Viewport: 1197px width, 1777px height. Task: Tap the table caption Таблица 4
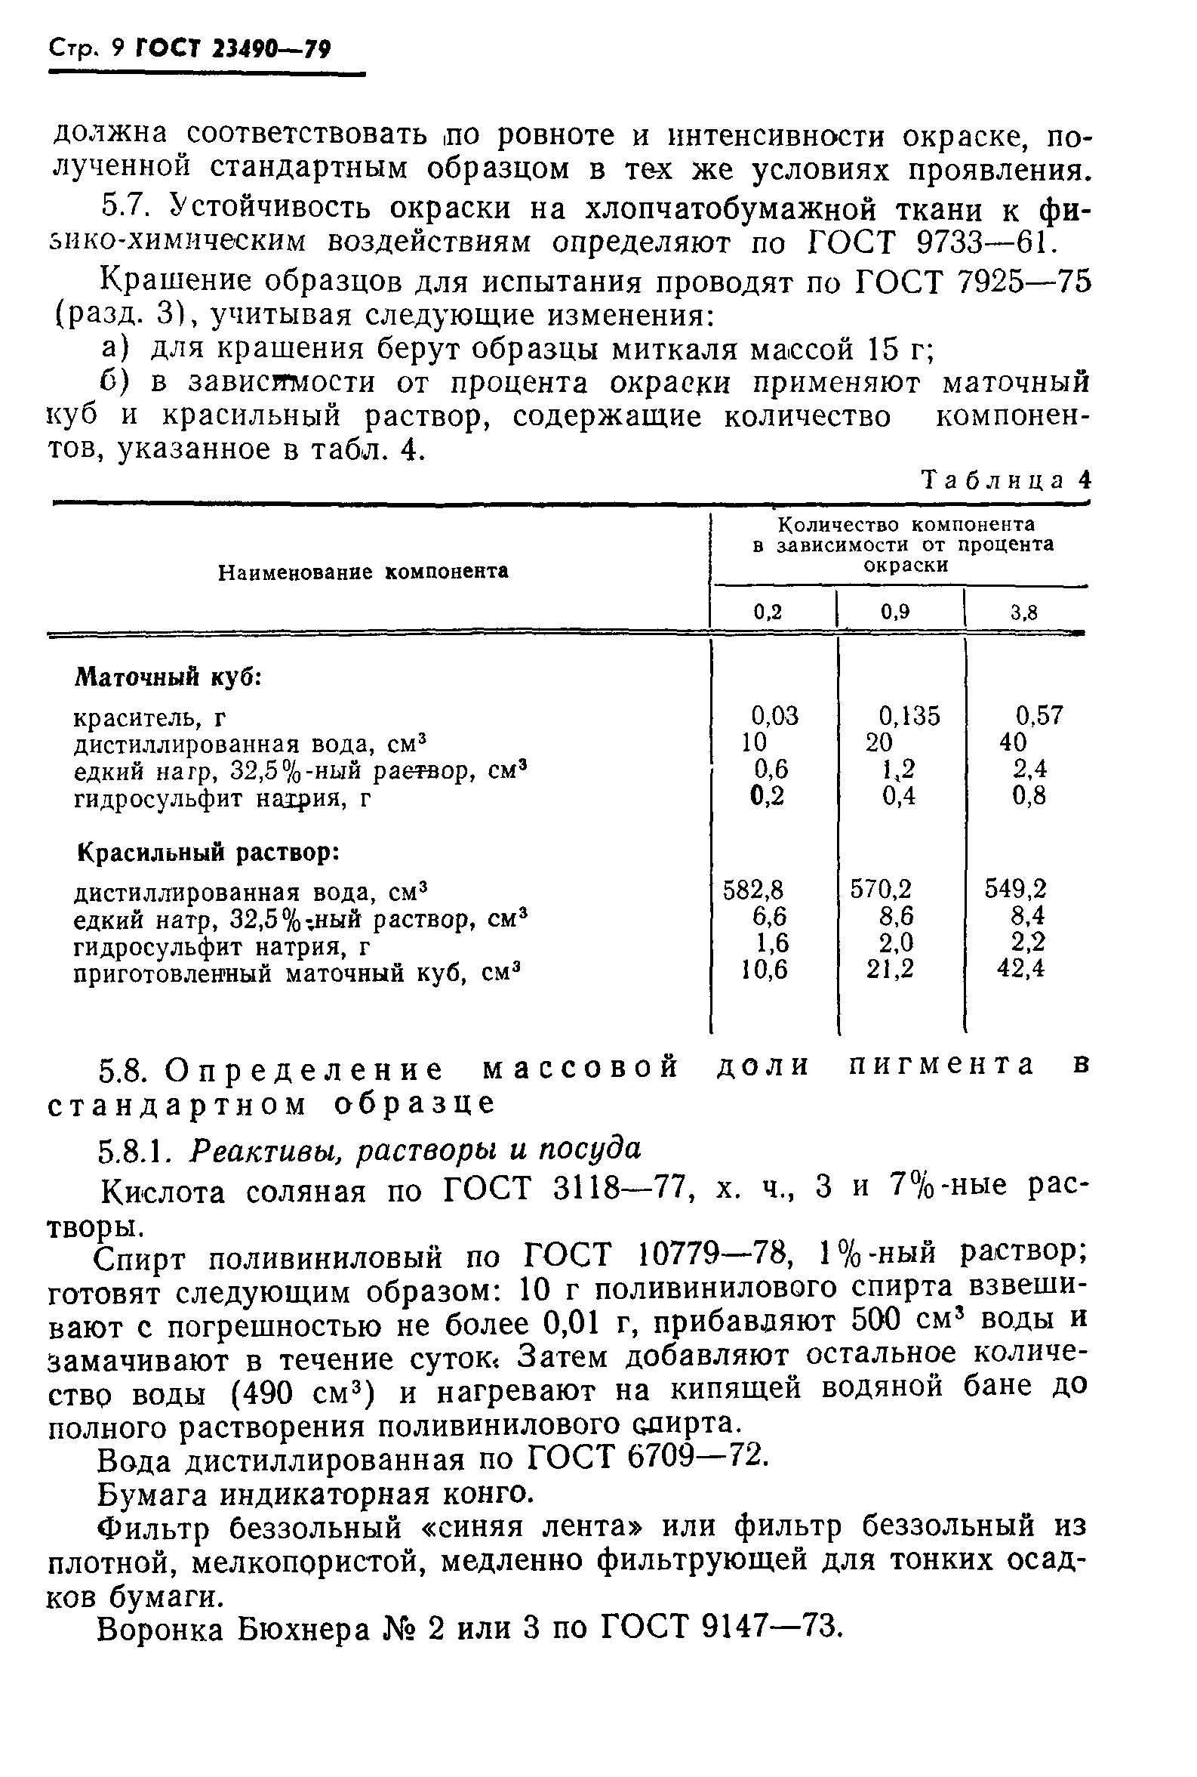[1006, 480]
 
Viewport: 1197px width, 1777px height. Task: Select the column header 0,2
[768, 612]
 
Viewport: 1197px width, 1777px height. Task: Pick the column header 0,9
[895, 612]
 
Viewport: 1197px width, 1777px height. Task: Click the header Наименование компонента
[363, 572]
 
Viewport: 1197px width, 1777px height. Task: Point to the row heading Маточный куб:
[169, 677]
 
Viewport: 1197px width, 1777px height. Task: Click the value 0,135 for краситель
[909, 716]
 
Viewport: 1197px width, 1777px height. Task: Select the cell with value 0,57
[1039, 716]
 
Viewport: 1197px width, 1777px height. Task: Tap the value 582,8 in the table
[752, 889]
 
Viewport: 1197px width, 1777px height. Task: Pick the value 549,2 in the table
[1015, 889]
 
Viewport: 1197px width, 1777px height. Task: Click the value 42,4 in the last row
[1020, 969]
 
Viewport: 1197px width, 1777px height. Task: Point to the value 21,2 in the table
[889, 969]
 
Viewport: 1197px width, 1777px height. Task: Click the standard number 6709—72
[695, 1458]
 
